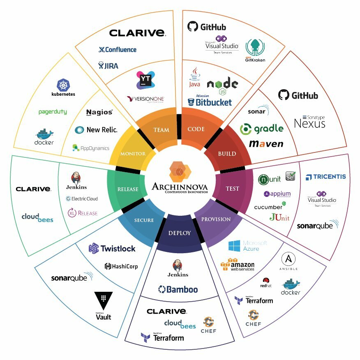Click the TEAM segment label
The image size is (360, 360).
[x=161, y=130]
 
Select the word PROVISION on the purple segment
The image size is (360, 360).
[x=216, y=219]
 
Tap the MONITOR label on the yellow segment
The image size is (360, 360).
[x=133, y=154]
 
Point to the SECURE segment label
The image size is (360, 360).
[x=144, y=220]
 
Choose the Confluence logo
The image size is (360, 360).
[x=118, y=50]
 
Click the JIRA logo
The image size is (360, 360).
[x=108, y=65]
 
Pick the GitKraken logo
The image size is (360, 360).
[x=255, y=51]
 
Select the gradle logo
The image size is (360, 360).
[x=262, y=129]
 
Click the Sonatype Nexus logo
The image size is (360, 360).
[x=310, y=122]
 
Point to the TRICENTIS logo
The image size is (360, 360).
[x=326, y=177]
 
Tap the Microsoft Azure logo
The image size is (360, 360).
[x=248, y=246]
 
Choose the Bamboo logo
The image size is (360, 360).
[x=178, y=290]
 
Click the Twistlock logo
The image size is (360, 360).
[x=112, y=248]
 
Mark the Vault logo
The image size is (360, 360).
[x=104, y=306]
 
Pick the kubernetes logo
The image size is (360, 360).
[x=63, y=88]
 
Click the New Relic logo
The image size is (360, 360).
[x=96, y=130]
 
